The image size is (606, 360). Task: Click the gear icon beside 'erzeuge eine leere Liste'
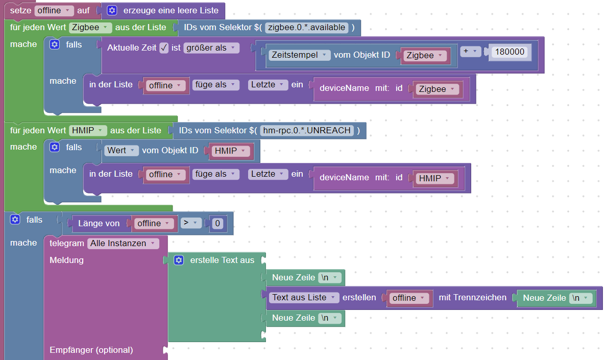click(112, 10)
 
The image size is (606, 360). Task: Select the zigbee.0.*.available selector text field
click(306, 27)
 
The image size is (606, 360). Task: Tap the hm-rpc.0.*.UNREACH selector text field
click(307, 130)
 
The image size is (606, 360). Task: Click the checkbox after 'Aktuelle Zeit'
click(164, 48)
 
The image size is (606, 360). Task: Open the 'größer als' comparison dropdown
click(211, 48)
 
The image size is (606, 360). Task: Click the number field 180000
click(510, 52)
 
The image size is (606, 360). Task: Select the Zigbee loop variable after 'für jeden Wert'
click(90, 27)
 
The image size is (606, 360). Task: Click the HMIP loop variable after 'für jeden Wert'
click(88, 130)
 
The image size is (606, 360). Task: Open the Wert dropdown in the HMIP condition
click(122, 151)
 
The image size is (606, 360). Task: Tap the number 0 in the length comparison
click(217, 223)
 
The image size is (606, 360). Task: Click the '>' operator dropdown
click(190, 223)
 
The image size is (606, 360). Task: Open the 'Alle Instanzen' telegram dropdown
click(123, 244)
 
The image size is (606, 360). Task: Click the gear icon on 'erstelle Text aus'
click(179, 260)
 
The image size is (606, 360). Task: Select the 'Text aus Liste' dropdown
click(303, 298)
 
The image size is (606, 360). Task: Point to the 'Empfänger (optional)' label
click(91, 350)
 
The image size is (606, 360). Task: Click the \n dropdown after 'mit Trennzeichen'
click(581, 298)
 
